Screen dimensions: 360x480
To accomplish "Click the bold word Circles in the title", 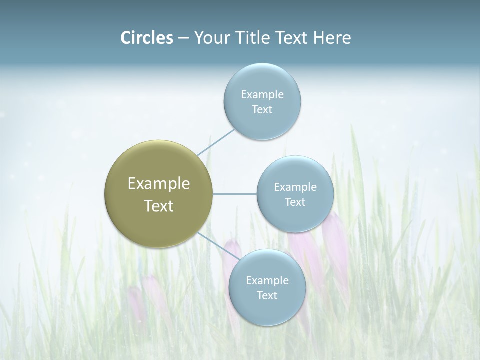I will point(146,38).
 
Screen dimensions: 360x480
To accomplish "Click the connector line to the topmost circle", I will point(216,142).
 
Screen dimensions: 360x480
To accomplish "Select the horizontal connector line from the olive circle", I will point(234,194).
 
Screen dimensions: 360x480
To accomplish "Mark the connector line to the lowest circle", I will point(216,246).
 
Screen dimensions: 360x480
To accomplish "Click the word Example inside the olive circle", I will point(159,184).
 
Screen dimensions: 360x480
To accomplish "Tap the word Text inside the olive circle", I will point(159,206).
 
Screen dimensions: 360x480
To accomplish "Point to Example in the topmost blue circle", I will point(262,95).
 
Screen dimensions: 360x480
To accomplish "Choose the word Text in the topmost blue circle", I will point(262,110).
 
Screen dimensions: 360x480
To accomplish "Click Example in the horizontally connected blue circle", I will point(295,187).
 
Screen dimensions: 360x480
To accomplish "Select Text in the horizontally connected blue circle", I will point(295,202).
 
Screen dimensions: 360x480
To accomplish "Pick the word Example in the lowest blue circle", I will point(267,281).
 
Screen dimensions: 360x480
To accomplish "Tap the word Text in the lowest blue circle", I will point(267,296).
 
